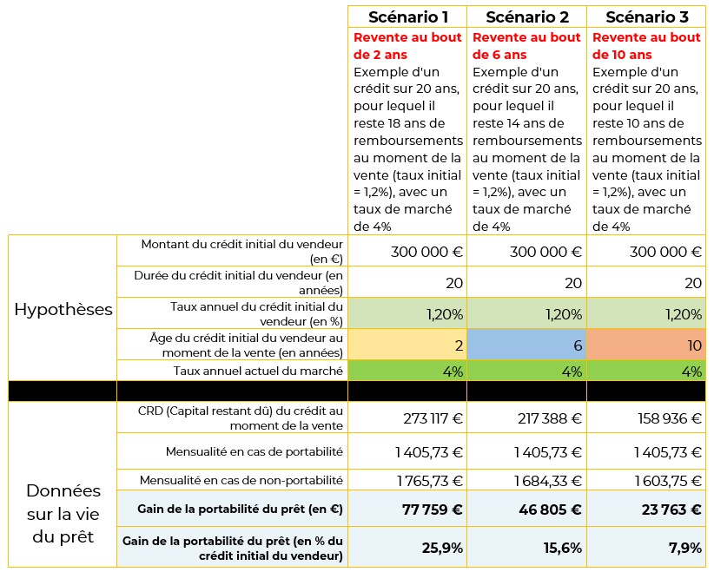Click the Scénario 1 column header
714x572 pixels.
coord(407,17)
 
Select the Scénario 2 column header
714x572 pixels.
coord(527,17)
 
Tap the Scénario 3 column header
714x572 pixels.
coord(646,17)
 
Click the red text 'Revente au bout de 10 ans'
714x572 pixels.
coord(646,46)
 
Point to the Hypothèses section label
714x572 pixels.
coord(63,310)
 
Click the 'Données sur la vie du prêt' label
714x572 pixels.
coord(63,514)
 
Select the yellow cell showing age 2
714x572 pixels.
coord(407,345)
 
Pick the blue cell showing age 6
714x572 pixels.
coord(527,345)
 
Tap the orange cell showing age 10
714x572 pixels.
coord(646,345)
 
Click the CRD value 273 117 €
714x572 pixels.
coord(433,418)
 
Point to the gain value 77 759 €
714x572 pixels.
coord(433,510)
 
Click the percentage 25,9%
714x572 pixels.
coord(442,548)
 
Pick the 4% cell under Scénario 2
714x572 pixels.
coord(527,371)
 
